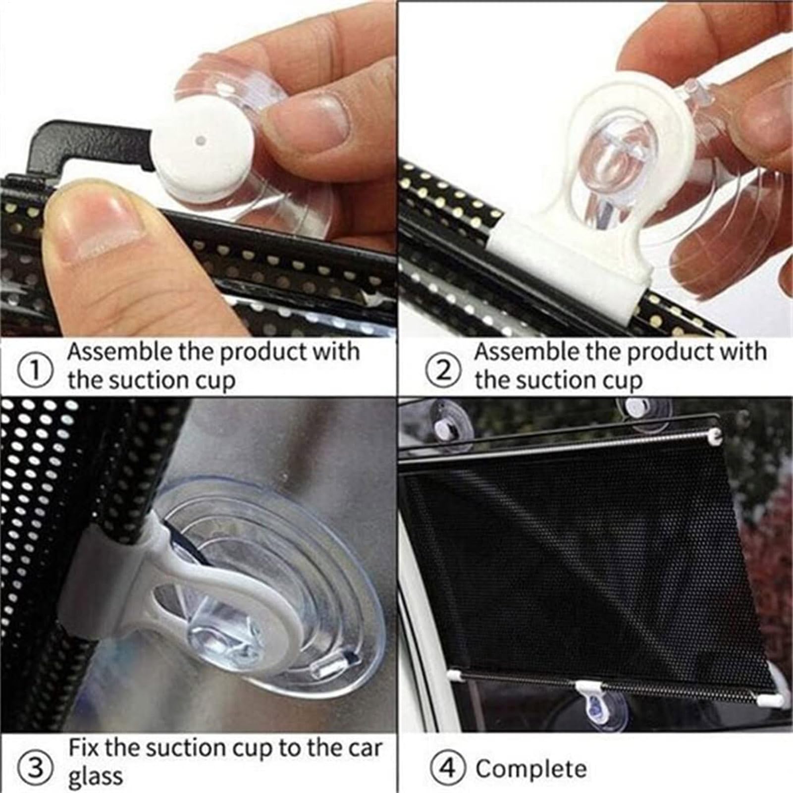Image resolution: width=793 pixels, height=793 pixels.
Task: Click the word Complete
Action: tap(531, 769)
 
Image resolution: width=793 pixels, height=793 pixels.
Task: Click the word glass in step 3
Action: tap(95, 776)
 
